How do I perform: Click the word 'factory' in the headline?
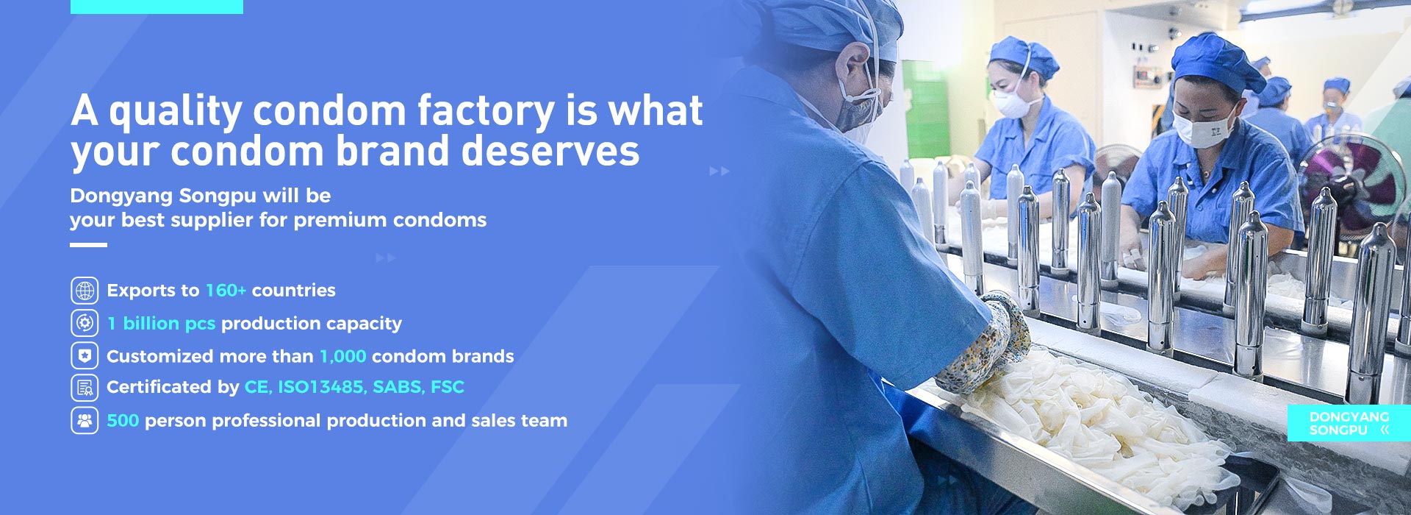(x=486, y=112)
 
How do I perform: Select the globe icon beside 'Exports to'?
(x=85, y=291)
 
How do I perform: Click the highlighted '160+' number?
(x=226, y=290)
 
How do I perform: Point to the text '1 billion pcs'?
(x=161, y=323)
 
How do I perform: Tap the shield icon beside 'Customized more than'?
(x=85, y=356)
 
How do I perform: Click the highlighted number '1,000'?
(x=342, y=356)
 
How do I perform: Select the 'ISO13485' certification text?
(x=322, y=387)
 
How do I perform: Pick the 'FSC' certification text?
(x=448, y=387)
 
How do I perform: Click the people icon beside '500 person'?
(x=85, y=421)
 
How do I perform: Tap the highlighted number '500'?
(x=123, y=421)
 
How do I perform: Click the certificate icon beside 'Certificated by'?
(x=85, y=387)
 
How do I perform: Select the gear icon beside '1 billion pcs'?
(x=85, y=323)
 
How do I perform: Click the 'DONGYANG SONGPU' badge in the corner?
(x=1349, y=423)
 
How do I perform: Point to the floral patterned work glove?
(x=985, y=343)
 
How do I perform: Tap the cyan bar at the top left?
(x=157, y=7)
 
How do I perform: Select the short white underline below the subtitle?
(x=88, y=245)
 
